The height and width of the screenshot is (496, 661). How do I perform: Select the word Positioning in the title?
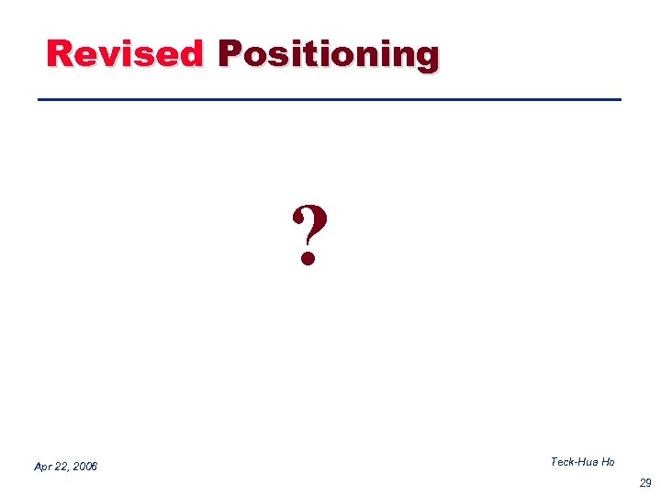pos(328,55)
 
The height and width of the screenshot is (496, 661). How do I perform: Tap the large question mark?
pos(309,235)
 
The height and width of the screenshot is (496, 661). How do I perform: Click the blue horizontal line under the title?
pos(329,99)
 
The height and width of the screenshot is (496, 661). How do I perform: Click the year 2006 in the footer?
pos(84,467)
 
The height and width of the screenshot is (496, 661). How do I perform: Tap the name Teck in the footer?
pos(563,462)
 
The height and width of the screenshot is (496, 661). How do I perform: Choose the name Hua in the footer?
pos(589,462)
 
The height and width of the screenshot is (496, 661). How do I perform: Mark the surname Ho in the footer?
pos(609,462)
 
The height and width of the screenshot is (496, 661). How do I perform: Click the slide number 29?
pos(645,482)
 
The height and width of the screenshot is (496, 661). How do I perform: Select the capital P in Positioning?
pos(230,53)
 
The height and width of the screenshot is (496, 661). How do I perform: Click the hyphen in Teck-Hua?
pos(577,463)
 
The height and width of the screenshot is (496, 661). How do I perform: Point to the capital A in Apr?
pos(38,467)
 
